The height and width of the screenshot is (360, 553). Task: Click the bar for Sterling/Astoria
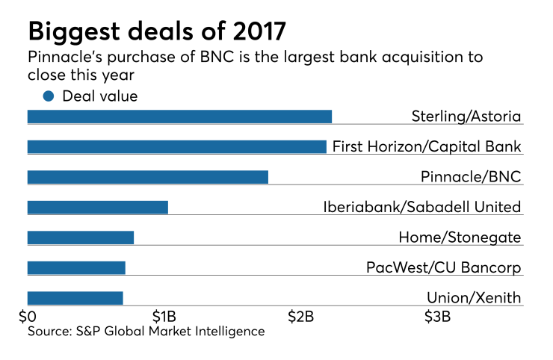pyautogui.click(x=179, y=117)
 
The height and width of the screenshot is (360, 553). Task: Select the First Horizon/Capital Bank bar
pyautogui.click(x=176, y=146)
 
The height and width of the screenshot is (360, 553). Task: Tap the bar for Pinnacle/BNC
pyautogui.click(x=147, y=177)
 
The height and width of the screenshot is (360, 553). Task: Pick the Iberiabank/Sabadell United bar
pyautogui.click(x=97, y=207)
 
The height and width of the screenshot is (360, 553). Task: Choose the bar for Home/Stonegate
pyautogui.click(x=80, y=238)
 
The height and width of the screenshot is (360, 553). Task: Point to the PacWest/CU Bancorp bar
pyautogui.click(x=76, y=267)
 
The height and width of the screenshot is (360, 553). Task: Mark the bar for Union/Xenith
pyautogui.click(x=75, y=298)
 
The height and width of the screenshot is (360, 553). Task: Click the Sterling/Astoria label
pyautogui.click(x=466, y=117)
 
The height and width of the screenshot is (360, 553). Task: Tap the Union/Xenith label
pyautogui.click(x=473, y=298)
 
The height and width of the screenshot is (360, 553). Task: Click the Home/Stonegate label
pyautogui.click(x=460, y=238)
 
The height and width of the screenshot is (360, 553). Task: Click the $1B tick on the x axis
pyautogui.click(x=164, y=316)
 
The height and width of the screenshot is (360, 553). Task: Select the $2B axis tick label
pyautogui.click(x=301, y=316)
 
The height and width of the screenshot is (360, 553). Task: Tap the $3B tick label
pyautogui.click(x=437, y=316)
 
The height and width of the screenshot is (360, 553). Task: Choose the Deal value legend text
pyautogui.click(x=100, y=96)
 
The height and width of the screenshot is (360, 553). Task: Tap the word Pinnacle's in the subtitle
pyautogui.click(x=65, y=58)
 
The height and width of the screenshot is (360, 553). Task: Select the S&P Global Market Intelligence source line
pyautogui.click(x=146, y=331)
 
